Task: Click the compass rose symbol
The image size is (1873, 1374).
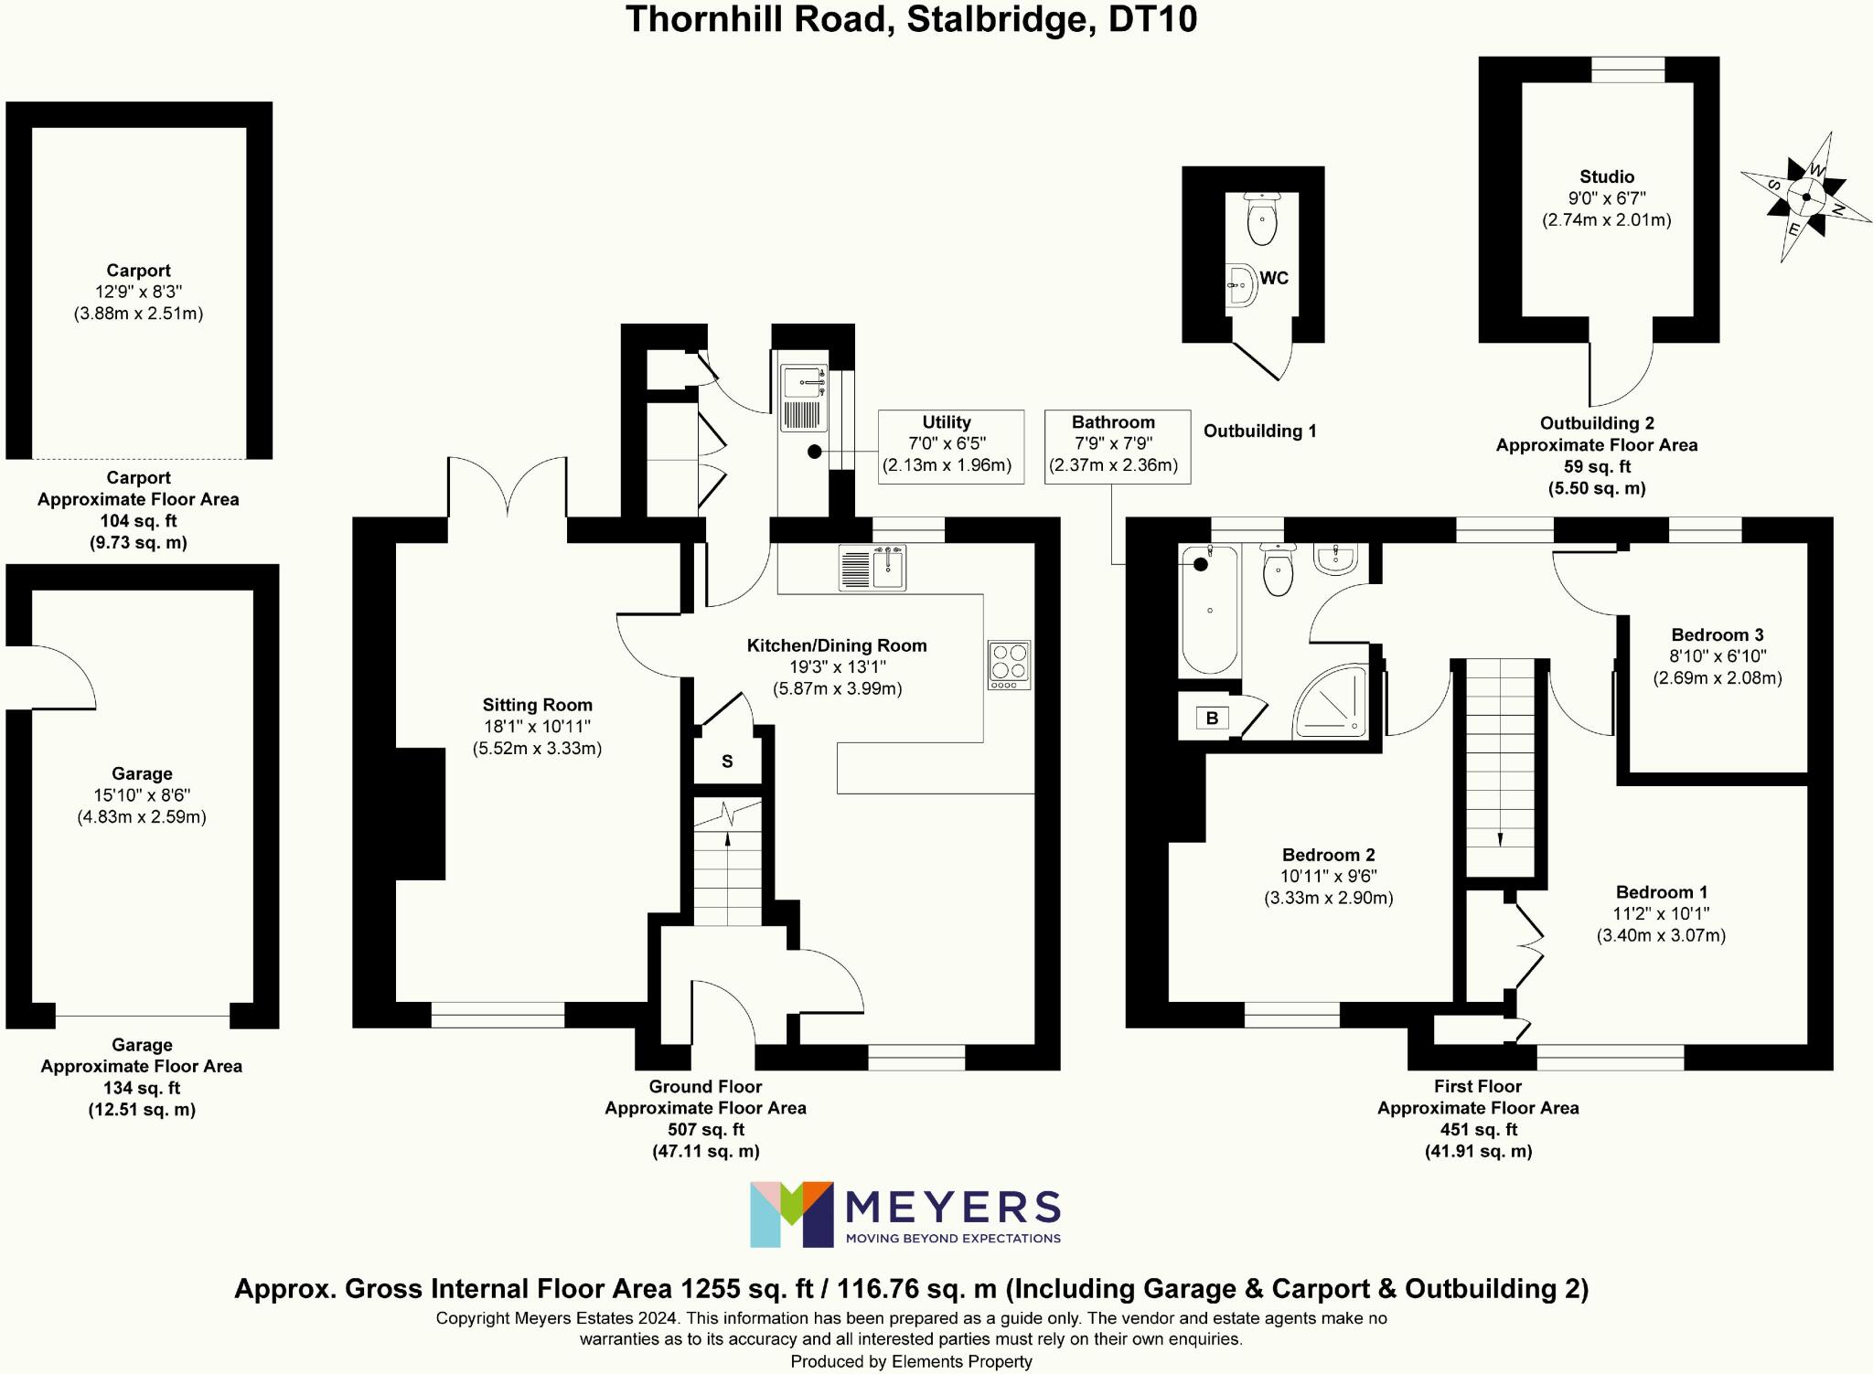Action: click(x=1805, y=197)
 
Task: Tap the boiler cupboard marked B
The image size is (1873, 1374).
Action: click(x=1212, y=718)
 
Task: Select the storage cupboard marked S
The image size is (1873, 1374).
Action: click(x=727, y=761)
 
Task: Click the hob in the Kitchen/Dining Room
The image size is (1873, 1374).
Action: click(x=1009, y=664)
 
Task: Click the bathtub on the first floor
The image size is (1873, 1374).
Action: click(x=1209, y=610)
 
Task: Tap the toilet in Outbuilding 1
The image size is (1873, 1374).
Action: click(x=1262, y=220)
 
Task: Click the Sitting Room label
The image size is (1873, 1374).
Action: click(x=538, y=705)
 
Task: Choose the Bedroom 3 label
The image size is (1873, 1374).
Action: click(x=1717, y=634)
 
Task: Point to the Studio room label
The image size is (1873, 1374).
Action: click(x=1606, y=176)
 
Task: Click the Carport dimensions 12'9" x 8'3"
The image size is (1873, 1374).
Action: click(x=138, y=292)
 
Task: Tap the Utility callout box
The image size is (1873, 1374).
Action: click(x=950, y=446)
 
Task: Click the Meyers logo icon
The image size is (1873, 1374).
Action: click(x=791, y=1214)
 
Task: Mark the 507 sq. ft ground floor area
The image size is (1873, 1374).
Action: click(x=705, y=1129)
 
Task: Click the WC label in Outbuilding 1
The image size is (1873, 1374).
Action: click(x=1274, y=278)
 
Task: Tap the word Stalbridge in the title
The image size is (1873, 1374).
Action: click(x=1001, y=19)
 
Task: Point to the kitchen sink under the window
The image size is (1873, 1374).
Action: click(x=872, y=568)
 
